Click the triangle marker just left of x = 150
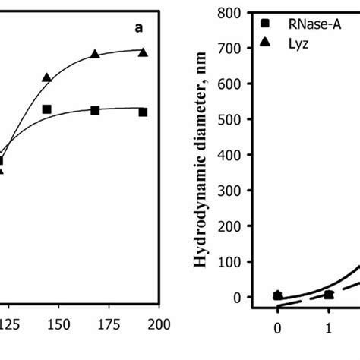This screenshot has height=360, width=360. tap(110, 77)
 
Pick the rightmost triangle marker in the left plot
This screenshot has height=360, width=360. tap(144, 52)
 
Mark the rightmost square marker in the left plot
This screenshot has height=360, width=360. tap(144, 112)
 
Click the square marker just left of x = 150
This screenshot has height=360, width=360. tap(110, 109)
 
